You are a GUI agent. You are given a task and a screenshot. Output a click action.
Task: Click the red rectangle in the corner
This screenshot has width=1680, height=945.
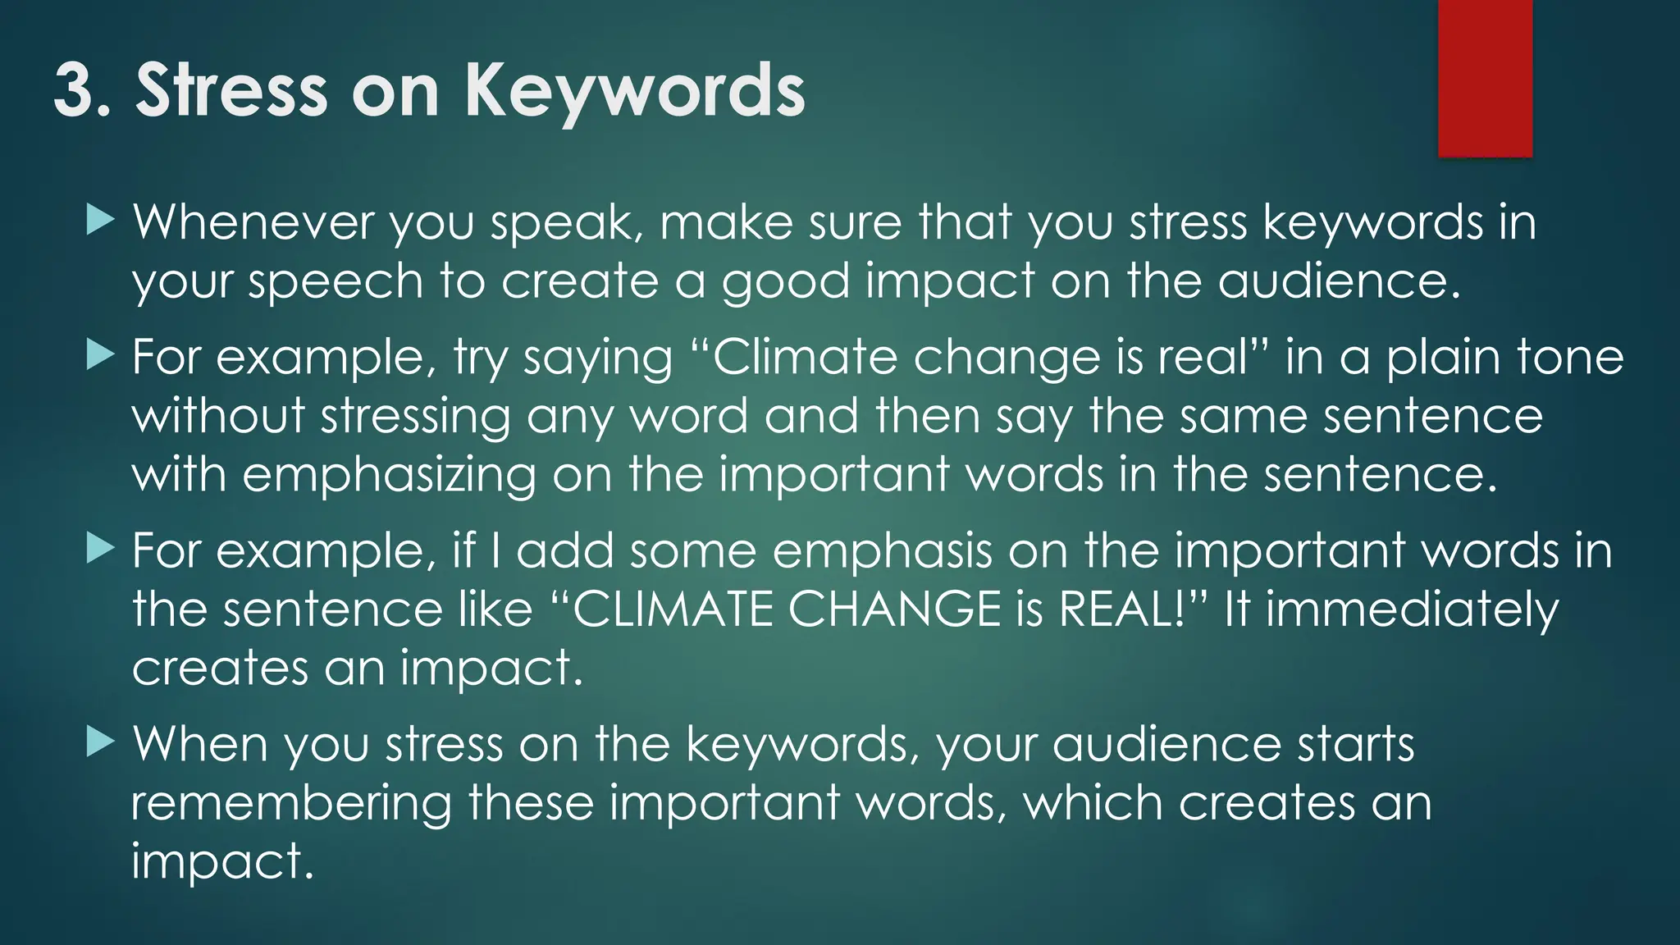[x=1485, y=78]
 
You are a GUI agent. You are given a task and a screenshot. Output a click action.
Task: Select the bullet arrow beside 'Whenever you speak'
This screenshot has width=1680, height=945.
[x=99, y=220]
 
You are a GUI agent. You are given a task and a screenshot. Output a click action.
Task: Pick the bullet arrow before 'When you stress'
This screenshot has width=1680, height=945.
[x=99, y=742]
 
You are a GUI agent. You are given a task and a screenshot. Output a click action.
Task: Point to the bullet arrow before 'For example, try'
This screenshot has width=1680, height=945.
[x=99, y=354]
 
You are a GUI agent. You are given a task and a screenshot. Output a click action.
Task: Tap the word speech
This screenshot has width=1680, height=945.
[x=335, y=282]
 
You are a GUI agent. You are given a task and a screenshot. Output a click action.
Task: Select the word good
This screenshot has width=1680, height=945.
[x=785, y=282]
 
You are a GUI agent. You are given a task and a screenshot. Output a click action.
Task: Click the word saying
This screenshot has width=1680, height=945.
[x=597, y=358]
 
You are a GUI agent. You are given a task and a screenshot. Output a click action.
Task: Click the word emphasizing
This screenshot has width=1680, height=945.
[x=389, y=476]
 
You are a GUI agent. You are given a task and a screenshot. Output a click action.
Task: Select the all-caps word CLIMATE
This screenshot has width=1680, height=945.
[x=672, y=609]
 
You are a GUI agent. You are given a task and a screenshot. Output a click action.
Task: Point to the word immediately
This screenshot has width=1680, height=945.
[x=1412, y=611]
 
